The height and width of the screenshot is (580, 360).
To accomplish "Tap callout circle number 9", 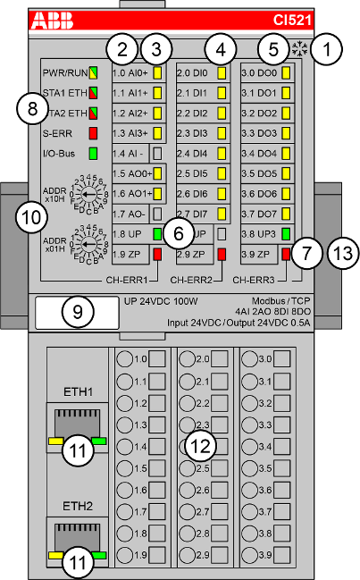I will [x=78, y=312].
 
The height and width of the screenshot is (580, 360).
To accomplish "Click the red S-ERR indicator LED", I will [x=93, y=134].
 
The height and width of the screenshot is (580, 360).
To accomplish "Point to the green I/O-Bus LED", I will [x=93, y=155].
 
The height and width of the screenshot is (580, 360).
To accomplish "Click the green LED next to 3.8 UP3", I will [x=286, y=235].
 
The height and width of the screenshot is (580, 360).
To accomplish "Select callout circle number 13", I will [x=339, y=254].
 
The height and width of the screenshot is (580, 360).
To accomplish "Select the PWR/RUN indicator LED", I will [x=93, y=73].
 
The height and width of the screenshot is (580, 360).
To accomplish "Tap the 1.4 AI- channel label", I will [x=130, y=154].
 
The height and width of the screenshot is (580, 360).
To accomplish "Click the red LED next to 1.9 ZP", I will [x=157, y=256].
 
